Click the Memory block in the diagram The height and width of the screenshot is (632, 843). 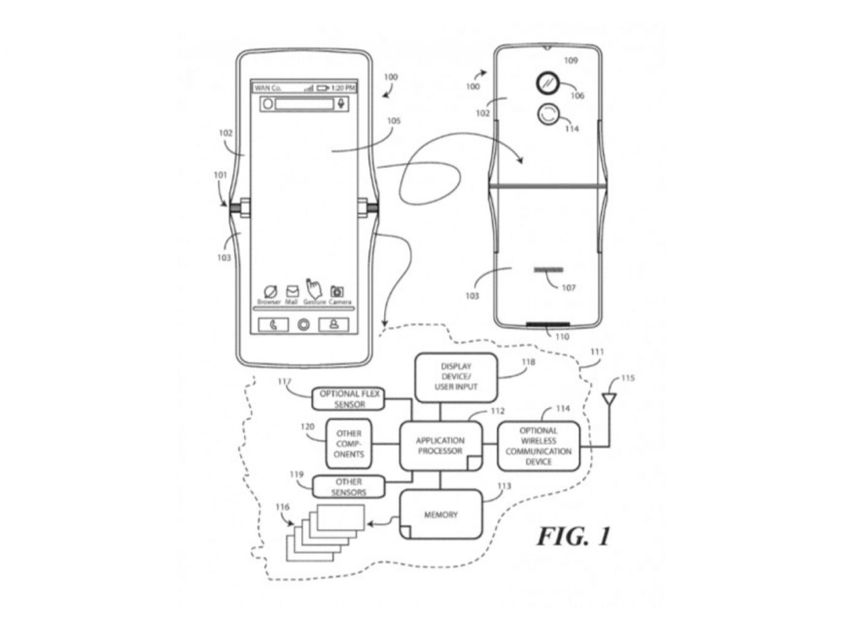tap(440, 515)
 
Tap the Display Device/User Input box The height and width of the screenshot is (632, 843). tap(456, 377)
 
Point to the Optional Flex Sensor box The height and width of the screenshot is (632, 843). tap(349, 399)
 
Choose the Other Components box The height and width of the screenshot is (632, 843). tap(349, 444)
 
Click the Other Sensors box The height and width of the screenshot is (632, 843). tap(349, 487)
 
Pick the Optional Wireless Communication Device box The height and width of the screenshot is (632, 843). tap(539, 446)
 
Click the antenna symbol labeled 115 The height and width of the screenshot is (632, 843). tap(609, 400)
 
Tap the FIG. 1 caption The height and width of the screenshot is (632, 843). tap(574, 536)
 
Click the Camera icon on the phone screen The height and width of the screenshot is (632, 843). tap(337, 292)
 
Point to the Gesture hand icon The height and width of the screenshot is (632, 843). tap(314, 288)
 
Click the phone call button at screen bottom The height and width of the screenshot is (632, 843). tap(273, 325)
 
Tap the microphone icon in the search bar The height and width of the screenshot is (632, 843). tap(342, 103)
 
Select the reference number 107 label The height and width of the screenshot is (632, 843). tap(569, 287)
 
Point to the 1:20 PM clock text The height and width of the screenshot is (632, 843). tap(343, 88)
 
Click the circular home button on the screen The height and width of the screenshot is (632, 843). tap(303, 325)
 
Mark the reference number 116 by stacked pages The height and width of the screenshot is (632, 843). tap(283, 508)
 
